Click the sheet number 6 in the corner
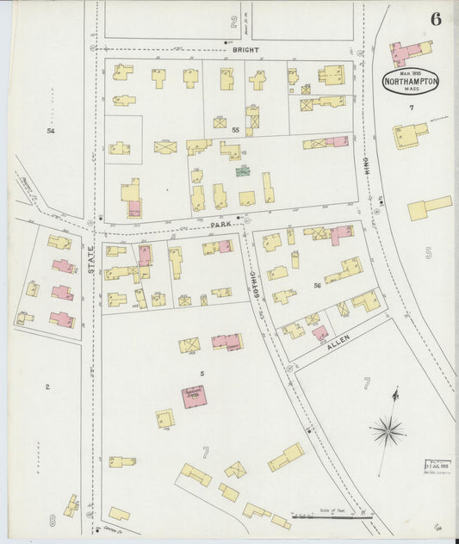tap(436, 20)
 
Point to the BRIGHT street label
tap(245, 50)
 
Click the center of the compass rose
tap(389, 428)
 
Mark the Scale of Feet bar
tap(332, 516)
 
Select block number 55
tap(235, 129)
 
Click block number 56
tap(317, 285)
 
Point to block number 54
tap(51, 130)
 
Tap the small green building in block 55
tap(245, 171)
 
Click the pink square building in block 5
tap(194, 396)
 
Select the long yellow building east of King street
tap(429, 207)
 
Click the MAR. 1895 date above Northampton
tap(411, 71)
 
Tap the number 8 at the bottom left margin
tap(53, 520)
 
